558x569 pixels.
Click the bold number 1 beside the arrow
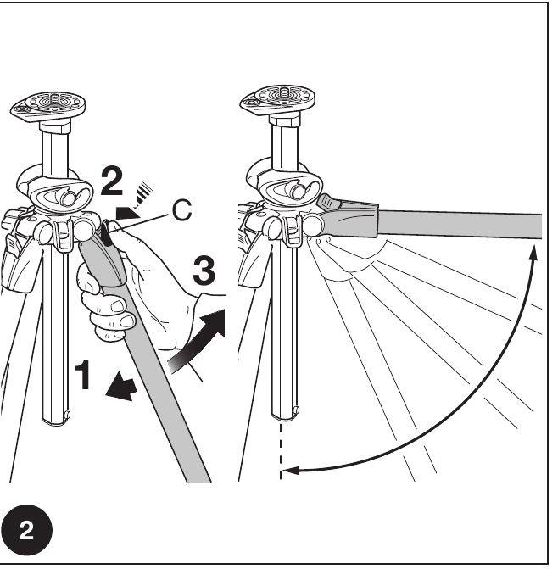pos(84,375)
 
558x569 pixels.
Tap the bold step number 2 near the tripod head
pos(111,181)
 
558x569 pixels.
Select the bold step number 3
pos(204,271)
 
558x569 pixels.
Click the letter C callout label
pos(181,210)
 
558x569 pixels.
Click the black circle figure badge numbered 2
pos(26,530)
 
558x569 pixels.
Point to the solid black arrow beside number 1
pos(120,388)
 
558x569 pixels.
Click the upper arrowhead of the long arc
pos(533,252)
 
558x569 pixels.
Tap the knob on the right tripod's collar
pos(296,191)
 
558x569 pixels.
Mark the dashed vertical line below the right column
pos(281,450)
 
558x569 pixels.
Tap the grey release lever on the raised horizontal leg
pos(330,202)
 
